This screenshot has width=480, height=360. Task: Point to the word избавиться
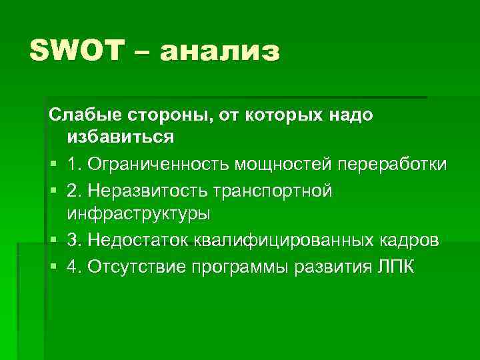coord(121,138)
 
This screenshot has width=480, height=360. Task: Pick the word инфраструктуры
coord(138,214)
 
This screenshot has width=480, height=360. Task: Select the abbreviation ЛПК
coord(397,267)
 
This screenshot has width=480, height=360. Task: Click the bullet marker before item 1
coord(53,165)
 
